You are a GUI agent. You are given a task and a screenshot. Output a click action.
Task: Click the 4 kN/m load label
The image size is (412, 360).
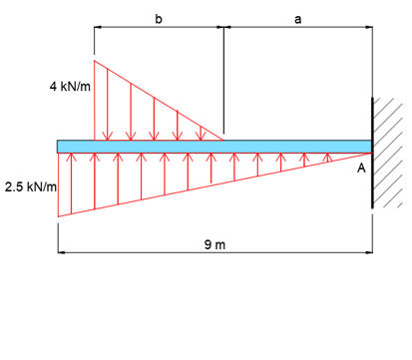(x=69, y=87)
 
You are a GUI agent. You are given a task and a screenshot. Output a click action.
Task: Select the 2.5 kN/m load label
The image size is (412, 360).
(x=29, y=186)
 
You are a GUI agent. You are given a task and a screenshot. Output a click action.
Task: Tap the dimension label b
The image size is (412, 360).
(x=159, y=18)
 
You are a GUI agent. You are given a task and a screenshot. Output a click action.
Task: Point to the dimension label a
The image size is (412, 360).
(x=297, y=18)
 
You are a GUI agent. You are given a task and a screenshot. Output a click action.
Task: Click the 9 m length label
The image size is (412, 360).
(x=214, y=243)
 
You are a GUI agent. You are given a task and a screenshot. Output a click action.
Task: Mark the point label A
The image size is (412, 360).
(x=361, y=170)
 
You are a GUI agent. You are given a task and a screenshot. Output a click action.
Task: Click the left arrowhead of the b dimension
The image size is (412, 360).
(x=97, y=29)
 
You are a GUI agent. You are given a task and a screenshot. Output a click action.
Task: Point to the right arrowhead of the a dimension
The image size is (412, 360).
(x=369, y=29)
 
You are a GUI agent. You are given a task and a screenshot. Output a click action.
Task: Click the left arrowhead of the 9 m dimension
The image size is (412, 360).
(x=61, y=253)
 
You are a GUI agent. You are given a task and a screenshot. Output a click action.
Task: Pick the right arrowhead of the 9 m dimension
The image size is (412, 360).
(x=369, y=253)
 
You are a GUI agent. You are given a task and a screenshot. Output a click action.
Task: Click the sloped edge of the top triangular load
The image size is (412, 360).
(x=160, y=101)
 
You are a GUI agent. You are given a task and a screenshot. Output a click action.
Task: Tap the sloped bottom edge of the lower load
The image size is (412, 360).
(x=214, y=184)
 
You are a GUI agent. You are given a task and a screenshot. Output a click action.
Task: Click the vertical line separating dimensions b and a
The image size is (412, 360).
(x=223, y=80)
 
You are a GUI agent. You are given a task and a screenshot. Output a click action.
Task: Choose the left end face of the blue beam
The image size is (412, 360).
(x=58, y=147)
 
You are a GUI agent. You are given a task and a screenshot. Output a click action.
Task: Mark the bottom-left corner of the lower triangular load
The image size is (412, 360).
(x=59, y=215)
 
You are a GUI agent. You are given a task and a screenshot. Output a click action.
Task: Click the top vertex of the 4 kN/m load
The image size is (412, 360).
(x=95, y=61)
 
